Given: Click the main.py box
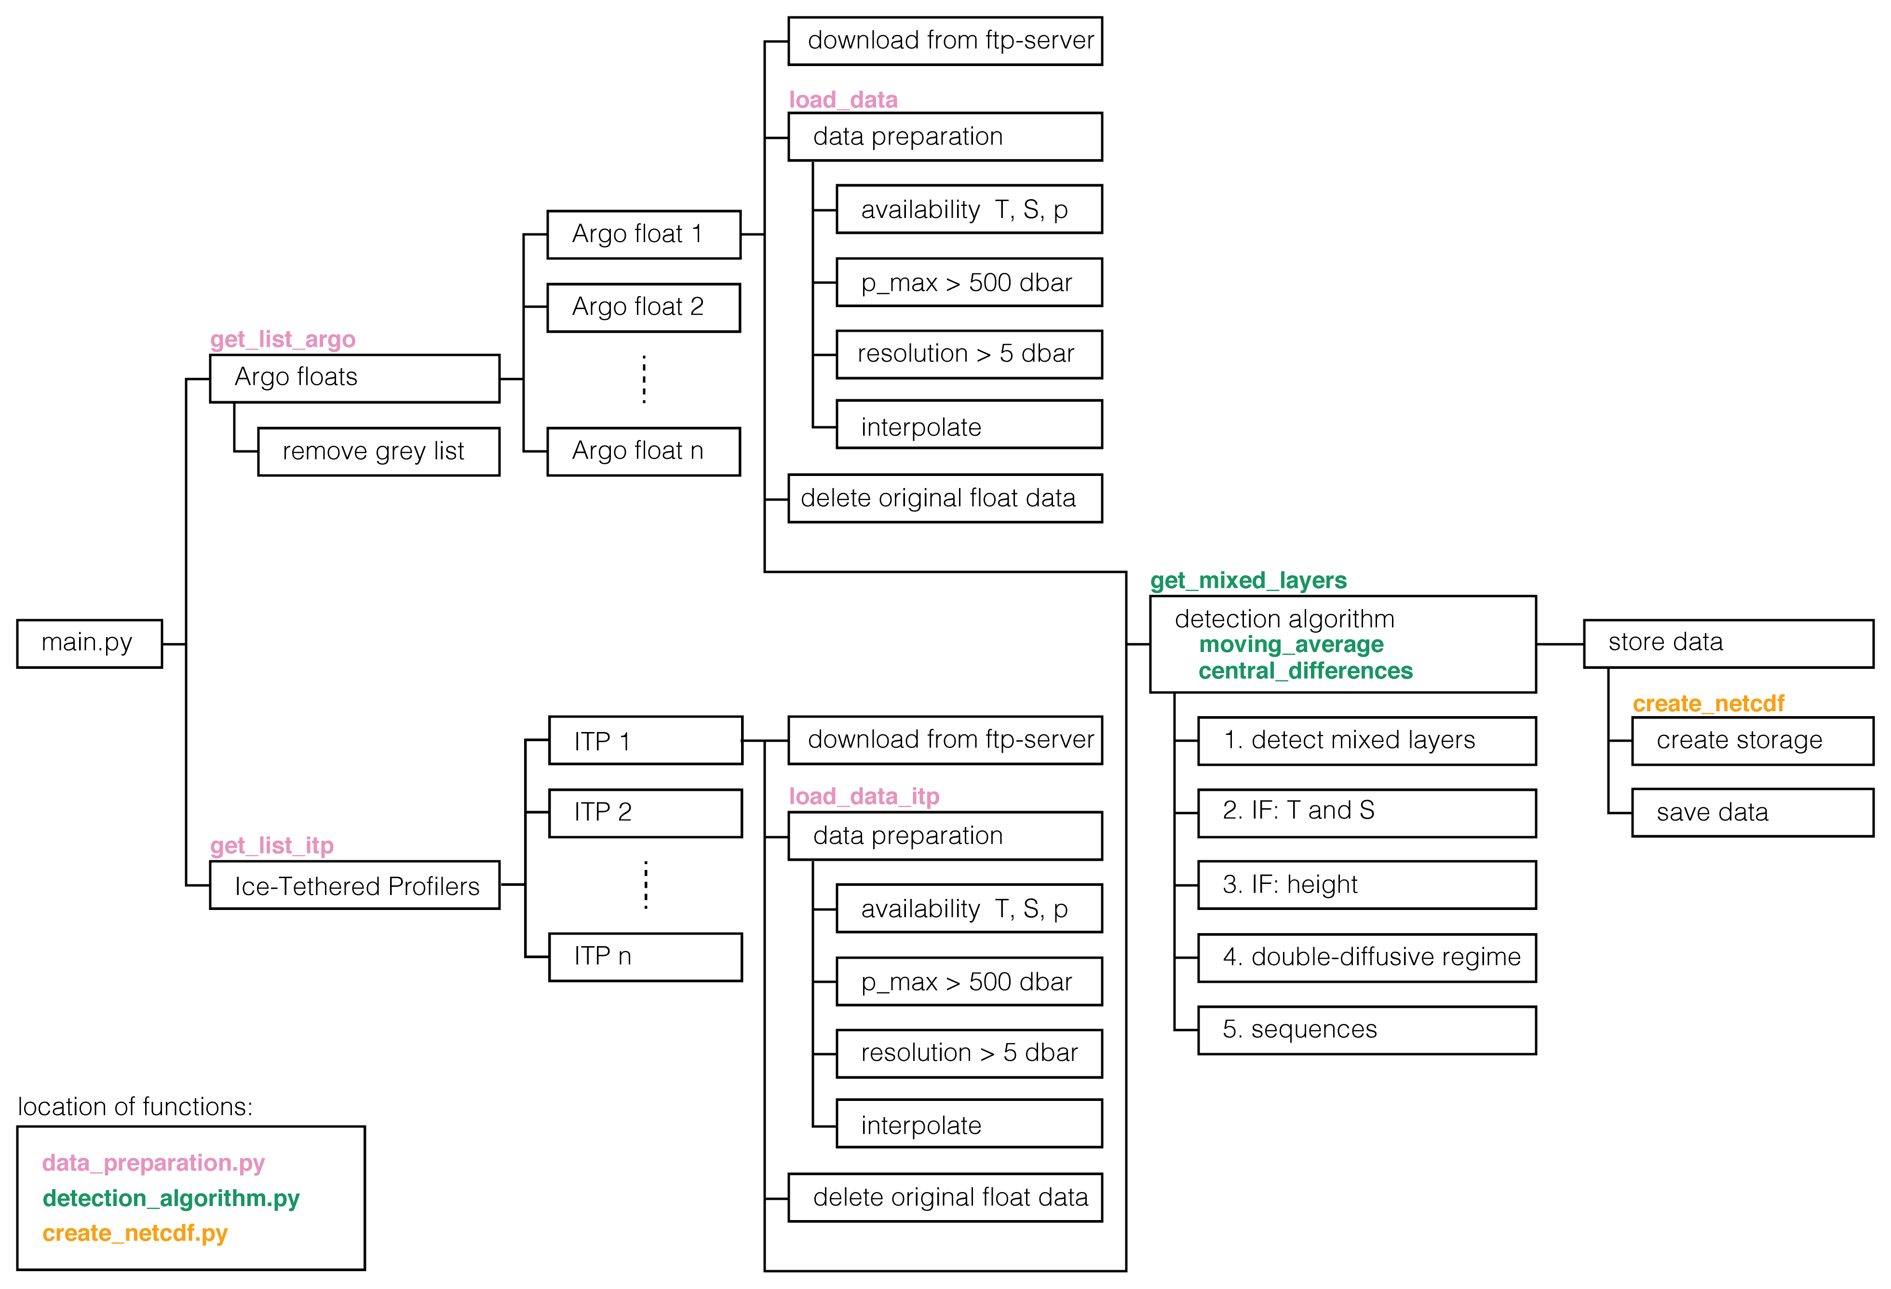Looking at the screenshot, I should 90,644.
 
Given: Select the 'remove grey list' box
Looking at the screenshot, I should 378,452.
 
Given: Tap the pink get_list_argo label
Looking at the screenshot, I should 283,339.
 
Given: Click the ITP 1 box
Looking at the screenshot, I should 645,741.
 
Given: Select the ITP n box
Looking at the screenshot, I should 645,957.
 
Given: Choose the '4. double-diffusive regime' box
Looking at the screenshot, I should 1367,958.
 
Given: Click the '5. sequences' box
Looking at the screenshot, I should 1367,1030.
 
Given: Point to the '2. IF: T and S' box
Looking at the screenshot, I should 1367,812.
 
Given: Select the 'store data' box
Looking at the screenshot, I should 1728,644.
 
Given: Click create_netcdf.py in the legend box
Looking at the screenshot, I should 135,1233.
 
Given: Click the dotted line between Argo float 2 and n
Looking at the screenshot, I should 645,379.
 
